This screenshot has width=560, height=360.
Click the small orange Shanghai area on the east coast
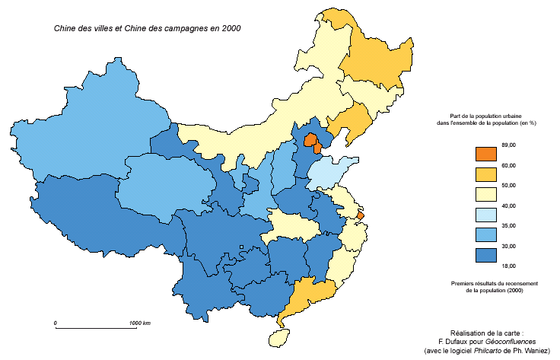click(361, 216)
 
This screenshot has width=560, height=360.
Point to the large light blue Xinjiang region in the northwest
click(84, 129)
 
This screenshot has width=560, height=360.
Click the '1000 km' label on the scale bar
click(139, 323)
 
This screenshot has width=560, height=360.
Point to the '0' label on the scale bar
click(56, 323)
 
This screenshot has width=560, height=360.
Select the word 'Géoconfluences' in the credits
click(508, 342)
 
